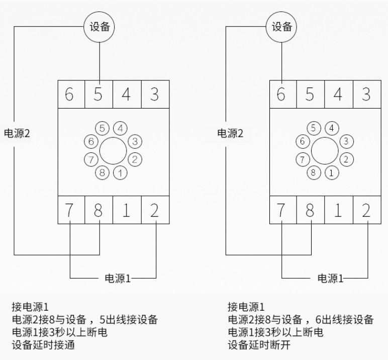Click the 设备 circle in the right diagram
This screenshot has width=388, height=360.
tap(282, 27)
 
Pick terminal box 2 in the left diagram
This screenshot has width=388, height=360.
tap(154, 210)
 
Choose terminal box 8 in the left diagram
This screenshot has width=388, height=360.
tap(98, 210)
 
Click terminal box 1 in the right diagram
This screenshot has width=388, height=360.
tap(338, 210)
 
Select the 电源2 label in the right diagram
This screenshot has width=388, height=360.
tap(230, 133)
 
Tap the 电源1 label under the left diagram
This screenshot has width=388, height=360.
tap(117, 278)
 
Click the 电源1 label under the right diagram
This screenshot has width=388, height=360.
tap(330, 278)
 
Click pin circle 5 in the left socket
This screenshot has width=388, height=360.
tap(103, 128)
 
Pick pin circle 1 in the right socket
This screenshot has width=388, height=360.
tap(331, 173)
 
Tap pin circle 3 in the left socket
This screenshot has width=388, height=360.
tap(134, 141)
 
